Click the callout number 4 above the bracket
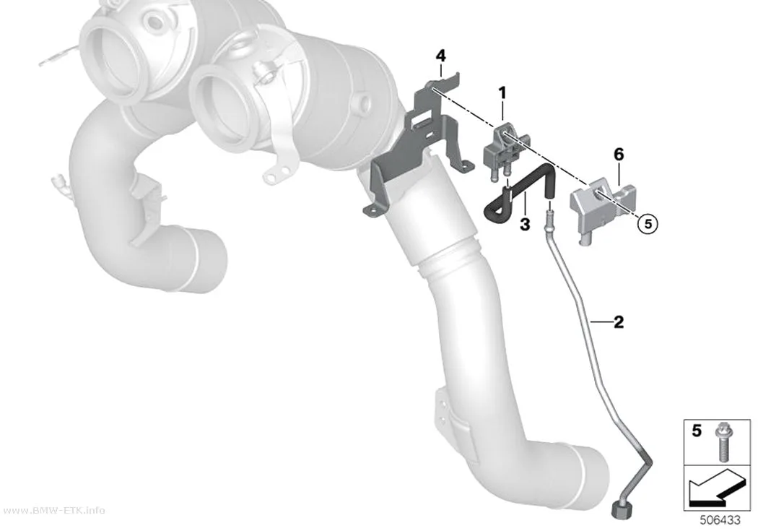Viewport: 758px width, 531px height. point(440,56)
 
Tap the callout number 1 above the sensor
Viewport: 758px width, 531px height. point(502,92)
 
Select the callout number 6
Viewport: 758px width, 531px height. point(619,155)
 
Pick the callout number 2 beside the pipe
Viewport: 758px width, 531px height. point(618,321)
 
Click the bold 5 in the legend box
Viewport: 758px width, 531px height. point(696,431)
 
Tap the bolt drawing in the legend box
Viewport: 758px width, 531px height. point(723,441)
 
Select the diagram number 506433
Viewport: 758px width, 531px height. point(720,520)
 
